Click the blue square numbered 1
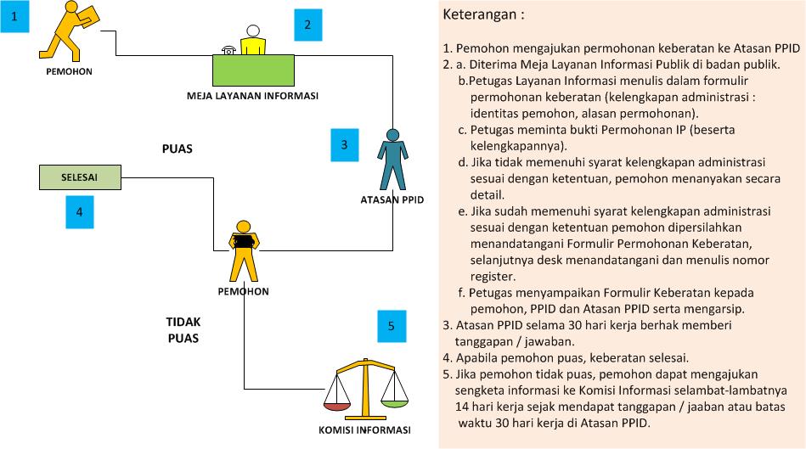click(14, 16)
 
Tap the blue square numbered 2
click(308, 25)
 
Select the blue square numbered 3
click(345, 145)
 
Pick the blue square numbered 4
click(80, 211)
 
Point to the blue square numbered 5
click(392, 326)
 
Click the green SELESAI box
click(80, 177)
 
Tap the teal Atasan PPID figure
click(392, 160)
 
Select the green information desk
click(253, 70)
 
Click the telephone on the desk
click(228, 50)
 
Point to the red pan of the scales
click(336, 406)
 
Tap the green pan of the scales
click(395, 403)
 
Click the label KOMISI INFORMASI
click(364, 430)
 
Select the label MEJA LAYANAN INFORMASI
click(252, 96)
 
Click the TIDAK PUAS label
click(183, 330)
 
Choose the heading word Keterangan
click(480, 14)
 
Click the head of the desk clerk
click(253, 31)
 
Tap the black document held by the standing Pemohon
click(243, 241)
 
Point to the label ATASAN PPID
click(392, 199)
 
